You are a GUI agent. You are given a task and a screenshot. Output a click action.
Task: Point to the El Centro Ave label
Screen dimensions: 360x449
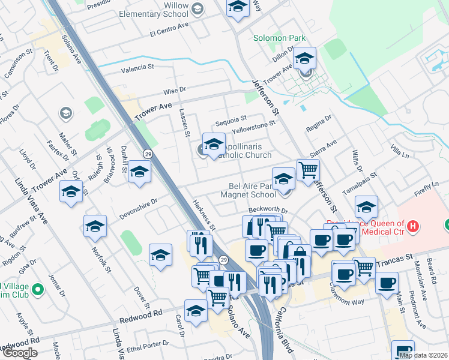tap(170, 29)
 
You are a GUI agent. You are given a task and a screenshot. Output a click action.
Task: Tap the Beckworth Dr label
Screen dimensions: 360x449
tap(268, 211)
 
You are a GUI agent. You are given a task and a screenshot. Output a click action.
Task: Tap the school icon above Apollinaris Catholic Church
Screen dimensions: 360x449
tap(214, 144)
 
